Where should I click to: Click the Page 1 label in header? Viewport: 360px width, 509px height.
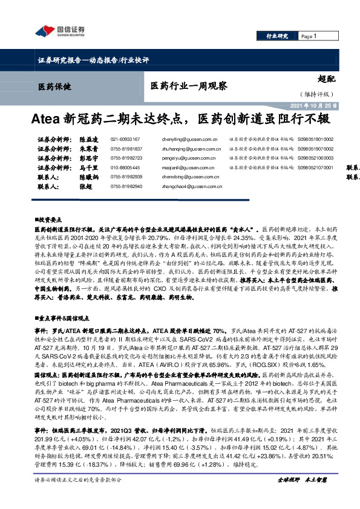(309, 37)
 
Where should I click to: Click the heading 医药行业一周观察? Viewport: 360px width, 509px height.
(188, 86)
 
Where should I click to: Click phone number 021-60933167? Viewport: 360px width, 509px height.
(125, 139)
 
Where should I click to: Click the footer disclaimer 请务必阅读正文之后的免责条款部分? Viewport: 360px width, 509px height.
(78, 496)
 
